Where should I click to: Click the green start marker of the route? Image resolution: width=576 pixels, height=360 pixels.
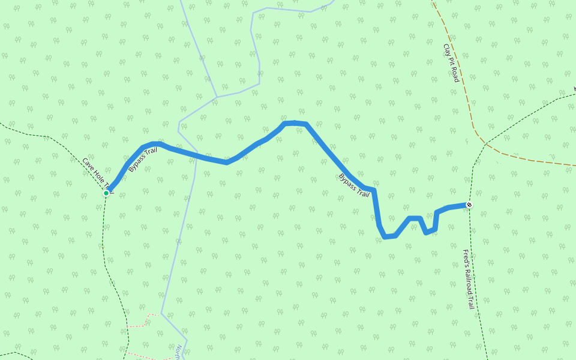[x=106, y=193]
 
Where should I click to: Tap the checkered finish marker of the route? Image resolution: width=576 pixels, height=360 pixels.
[x=469, y=205]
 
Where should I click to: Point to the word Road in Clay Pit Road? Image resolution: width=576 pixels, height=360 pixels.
[x=455, y=74]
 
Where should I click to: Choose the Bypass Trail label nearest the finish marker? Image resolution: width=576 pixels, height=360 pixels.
[x=354, y=185]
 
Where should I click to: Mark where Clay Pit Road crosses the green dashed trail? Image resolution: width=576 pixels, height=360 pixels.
[x=485, y=144]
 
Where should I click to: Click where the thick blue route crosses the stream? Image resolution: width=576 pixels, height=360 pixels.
[x=196, y=155]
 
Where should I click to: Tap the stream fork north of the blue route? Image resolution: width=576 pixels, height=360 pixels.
[x=216, y=97]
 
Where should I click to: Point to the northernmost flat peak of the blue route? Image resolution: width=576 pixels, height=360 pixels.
[x=295, y=123]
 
